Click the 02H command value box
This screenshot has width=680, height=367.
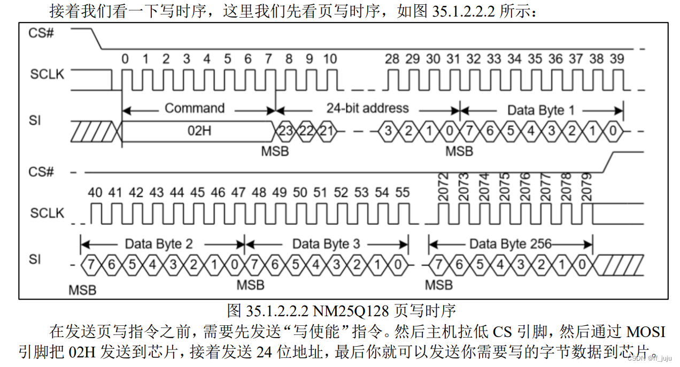pyautogui.click(x=198, y=130)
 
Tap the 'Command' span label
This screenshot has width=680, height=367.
pyautogui.click(x=195, y=108)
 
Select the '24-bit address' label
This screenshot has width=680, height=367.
pyautogui.click(x=367, y=108)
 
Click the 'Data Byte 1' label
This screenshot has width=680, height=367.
pyautogui.click(x=541, y=110)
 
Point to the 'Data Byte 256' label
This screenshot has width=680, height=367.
pyautogui.click(x=510, y=244)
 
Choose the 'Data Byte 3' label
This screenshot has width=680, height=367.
pyautogui.click(x=326, y=244)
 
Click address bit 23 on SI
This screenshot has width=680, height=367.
pyautogui.click(x=285, y=131)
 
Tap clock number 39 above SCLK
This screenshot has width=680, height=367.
pyautogui.click(x=617, y=59)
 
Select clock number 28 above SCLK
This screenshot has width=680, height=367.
pyautogui.click(x=392, y=59)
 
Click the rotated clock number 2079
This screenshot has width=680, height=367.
pyautogui.click(x=586, y=187)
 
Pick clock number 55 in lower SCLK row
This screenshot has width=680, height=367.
pyautogui.click(x=402, y=193)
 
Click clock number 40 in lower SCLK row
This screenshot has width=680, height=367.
pyautogui.click(x=95, y=193)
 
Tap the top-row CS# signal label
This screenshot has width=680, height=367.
pyautogui.click(x=41, y=33)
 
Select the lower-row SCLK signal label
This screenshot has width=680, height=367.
pyautogui.click(x=47, y=213)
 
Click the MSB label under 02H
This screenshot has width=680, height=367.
pyautogui.click(x=275, y=152)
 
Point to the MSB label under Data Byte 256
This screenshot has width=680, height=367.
pyautogui.click(x=439, y=285)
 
